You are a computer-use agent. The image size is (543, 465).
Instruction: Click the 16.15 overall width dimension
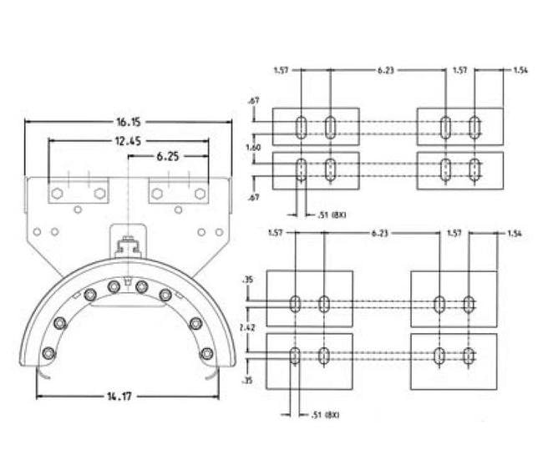point(129,121)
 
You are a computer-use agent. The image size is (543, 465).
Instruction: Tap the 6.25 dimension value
point(167,156)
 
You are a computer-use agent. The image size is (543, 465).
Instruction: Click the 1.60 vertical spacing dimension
point(253,147)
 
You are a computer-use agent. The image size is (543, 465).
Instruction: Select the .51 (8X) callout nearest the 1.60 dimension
point(332,215)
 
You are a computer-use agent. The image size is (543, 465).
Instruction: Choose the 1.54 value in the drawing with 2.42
point(514,234)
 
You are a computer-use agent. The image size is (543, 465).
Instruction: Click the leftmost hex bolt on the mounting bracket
point(57,194)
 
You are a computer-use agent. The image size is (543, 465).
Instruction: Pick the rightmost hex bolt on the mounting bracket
point(200,194)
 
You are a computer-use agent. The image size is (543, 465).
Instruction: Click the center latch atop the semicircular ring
point(128,247)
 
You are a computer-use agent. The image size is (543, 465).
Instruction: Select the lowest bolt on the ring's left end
point(48,353)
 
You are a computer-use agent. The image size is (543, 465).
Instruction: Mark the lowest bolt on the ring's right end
point(206,353)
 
